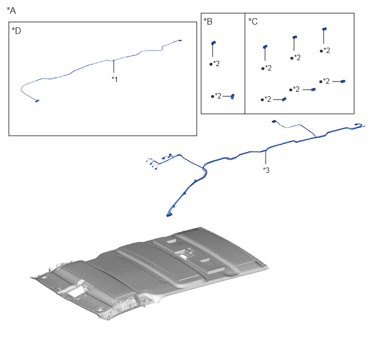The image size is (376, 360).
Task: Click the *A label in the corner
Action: pos(11,10)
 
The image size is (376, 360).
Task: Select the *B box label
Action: pos(208,21)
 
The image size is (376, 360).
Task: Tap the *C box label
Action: pos(253,21)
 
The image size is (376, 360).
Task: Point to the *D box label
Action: pos(16,31)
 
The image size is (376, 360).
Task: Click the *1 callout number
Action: pos(115,79)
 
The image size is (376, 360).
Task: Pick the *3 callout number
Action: pos(266,170)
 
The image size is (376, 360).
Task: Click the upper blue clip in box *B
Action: pos(214,43)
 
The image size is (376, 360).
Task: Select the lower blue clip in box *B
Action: pos(232,96)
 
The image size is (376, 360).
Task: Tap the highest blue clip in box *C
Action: pos(325,29)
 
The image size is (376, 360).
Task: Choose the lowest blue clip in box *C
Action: pos(284,100)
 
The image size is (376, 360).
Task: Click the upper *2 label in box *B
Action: pos(215,63)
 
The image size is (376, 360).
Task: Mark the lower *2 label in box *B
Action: pos(216,96)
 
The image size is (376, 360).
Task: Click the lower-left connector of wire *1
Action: pos(37,101)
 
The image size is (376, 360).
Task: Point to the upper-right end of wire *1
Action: pos(180,40)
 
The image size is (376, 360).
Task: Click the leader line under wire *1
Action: pos(114,66)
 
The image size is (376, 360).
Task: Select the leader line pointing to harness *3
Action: pos(266,157)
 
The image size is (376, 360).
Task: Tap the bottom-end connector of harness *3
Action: pos(169,215)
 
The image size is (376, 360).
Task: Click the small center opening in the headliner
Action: pos(184,257)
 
